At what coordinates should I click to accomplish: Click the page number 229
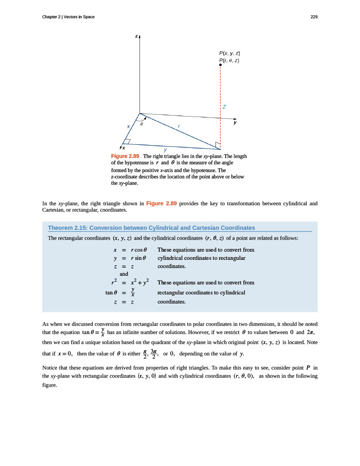pos(314,17)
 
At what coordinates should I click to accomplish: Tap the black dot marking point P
pos(220,65)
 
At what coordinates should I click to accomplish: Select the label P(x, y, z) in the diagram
pos(229,54)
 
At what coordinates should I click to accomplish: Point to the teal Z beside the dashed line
pos(224,107)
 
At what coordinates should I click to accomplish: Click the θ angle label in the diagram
pos(142,123)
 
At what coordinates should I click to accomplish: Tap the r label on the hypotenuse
pos(179,126)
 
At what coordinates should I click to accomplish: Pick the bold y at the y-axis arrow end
pos(235,122)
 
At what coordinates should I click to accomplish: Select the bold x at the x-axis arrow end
pos(124,148)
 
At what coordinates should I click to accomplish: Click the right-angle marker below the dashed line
pos(218,145)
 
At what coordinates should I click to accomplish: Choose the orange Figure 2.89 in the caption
pos(125,156)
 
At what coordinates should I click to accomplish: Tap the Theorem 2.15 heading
pos(151,228)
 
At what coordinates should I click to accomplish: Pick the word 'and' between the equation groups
pos(124,274)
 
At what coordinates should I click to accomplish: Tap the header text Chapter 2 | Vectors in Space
pos(68,17)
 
